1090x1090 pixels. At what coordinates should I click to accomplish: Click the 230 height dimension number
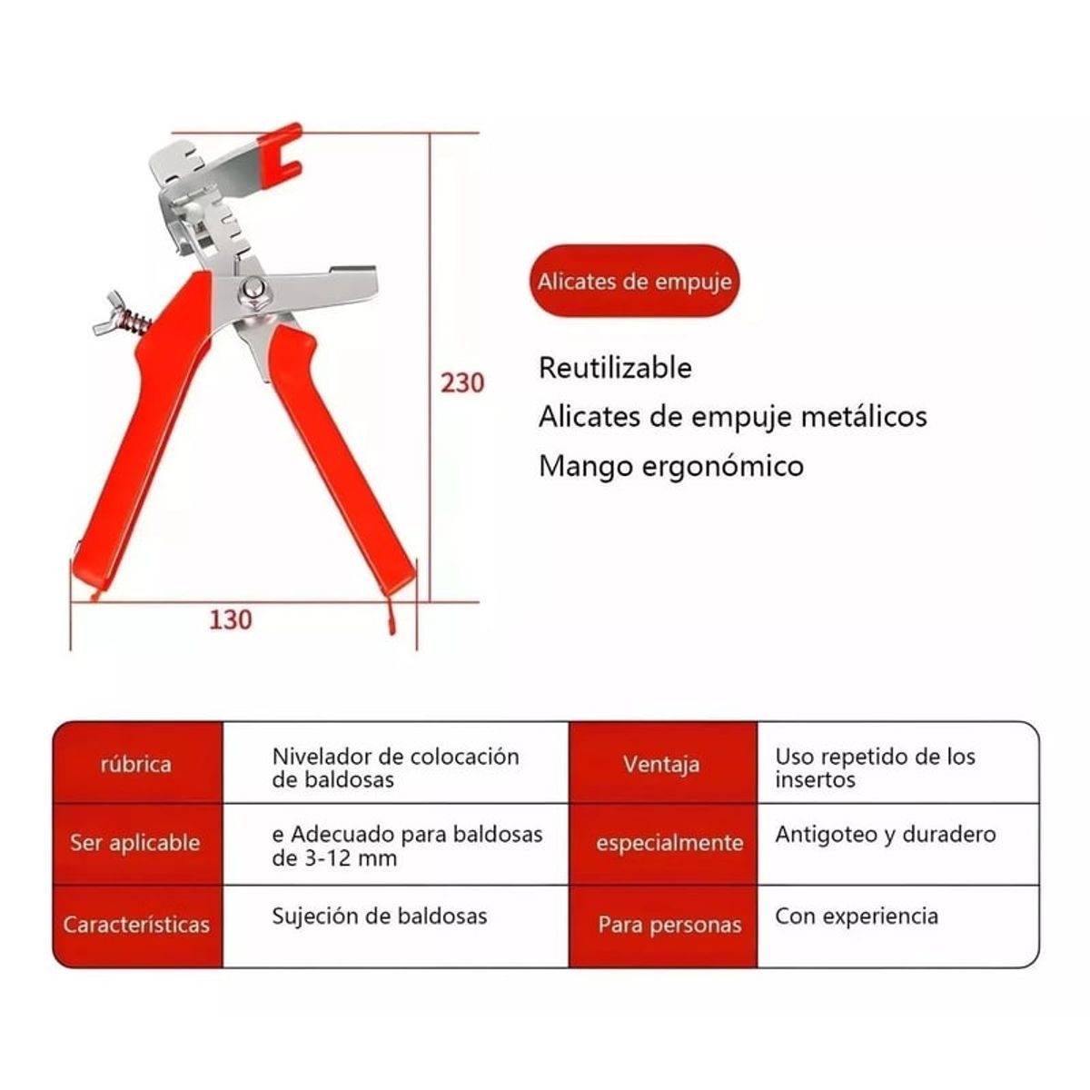point(462,383)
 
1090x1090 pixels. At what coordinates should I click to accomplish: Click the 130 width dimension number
point(230,620)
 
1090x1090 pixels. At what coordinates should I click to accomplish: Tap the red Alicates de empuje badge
point(634,281)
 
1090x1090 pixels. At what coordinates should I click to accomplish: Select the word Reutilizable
point(615,368)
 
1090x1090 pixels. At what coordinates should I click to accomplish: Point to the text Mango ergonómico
point(671,467)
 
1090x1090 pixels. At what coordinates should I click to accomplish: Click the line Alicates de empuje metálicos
point(732,417)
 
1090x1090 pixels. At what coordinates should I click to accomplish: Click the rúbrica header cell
point(137,764)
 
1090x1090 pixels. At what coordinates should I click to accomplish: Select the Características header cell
point(137,926)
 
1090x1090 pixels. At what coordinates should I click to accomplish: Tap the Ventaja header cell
point(663,764)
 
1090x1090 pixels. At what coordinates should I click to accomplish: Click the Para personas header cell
point(663,926)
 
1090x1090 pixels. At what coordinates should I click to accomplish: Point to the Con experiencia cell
point(857,917)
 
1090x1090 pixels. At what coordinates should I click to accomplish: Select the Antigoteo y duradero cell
point(886,835)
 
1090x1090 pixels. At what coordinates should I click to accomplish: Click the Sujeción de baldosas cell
point(380,917)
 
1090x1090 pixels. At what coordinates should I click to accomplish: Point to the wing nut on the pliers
point(110,312)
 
